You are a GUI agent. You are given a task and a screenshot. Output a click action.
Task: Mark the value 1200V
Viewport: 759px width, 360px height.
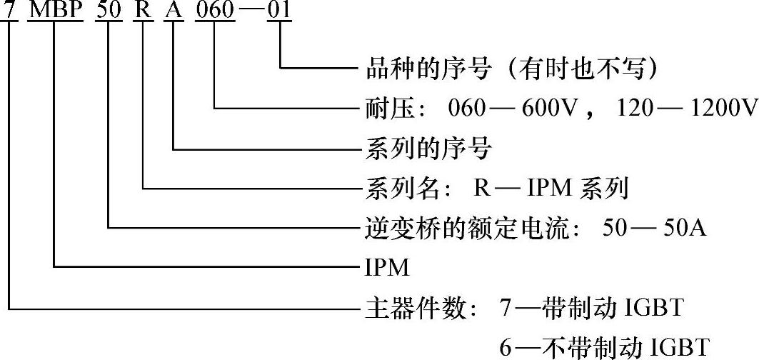tap(723, 109)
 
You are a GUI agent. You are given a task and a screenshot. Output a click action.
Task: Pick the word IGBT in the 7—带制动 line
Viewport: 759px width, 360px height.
tap(655, 309)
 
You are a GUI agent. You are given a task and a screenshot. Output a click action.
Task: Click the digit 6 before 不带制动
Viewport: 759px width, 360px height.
tap(506, 347)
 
